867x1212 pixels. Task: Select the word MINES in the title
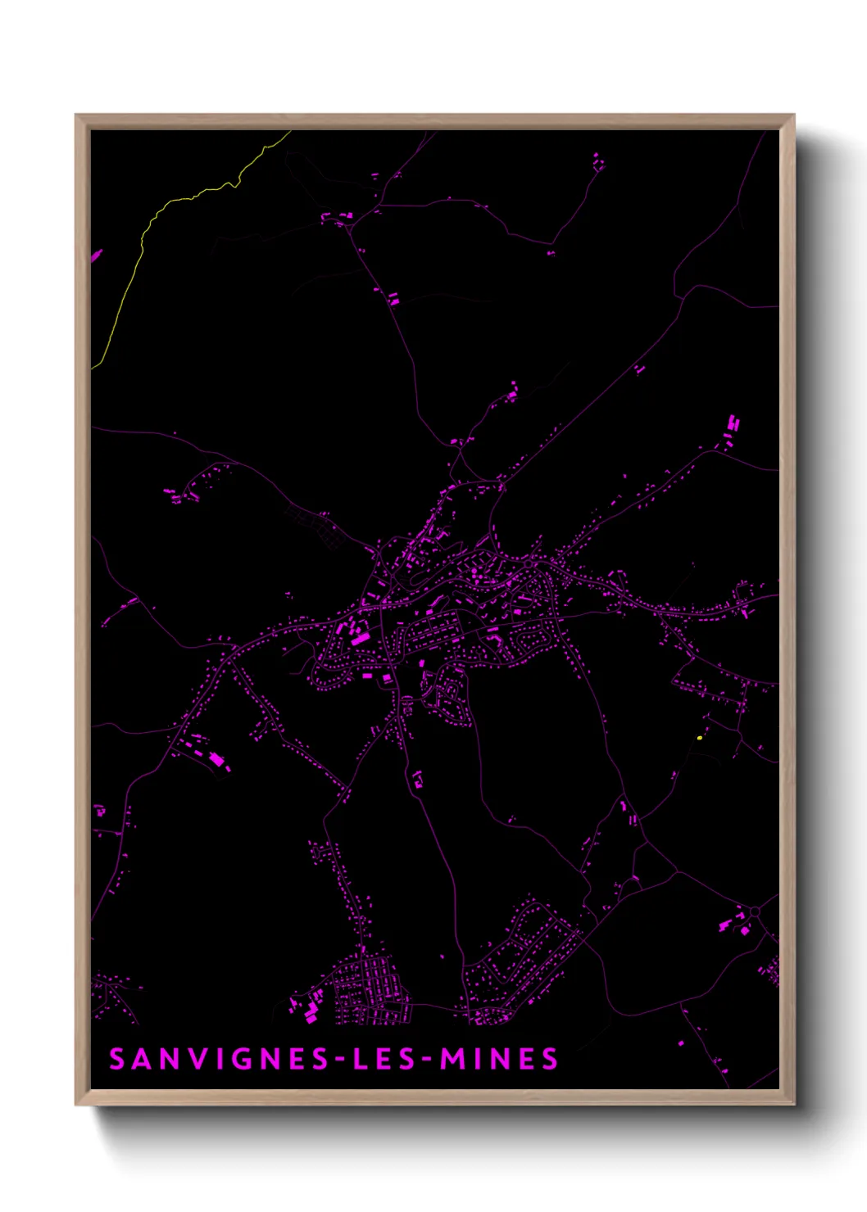499,1060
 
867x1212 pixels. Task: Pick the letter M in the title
453,1060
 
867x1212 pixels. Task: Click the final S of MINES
550,1060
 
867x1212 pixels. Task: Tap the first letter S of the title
117,1060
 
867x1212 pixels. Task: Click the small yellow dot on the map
699,738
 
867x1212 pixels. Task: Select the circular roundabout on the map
755,911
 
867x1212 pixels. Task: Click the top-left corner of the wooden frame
77,116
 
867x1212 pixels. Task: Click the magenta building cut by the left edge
96,256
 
